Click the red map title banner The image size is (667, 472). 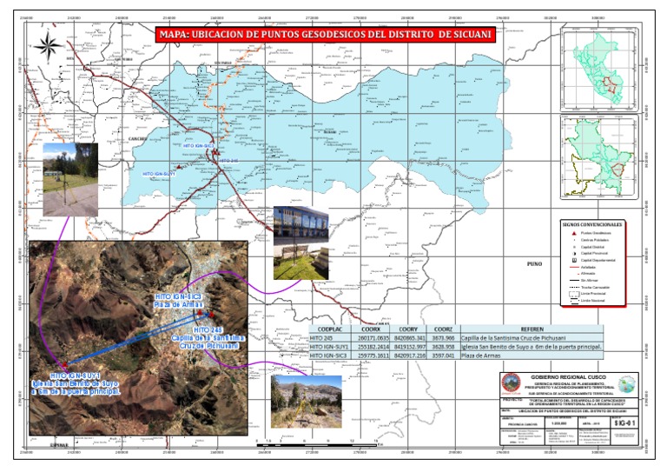pos(325,34)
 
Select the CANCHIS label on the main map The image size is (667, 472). pos(118,136)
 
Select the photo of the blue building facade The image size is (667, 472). pos(300,235)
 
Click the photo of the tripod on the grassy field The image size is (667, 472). pos(69,179)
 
